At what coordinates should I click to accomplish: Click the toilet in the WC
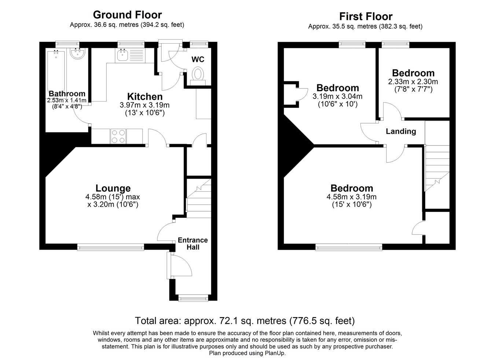[x=198, y=77]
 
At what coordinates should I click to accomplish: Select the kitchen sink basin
[x=122, y=55]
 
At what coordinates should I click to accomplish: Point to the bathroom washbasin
[x=77, y=54]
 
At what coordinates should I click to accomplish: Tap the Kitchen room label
[x=145, y=96]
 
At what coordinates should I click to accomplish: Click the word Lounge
[x=113, y=188]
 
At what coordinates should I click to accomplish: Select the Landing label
[x=401, y=131]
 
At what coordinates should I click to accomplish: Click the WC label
[x=198, y=59]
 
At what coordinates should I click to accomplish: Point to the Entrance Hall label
[x=193, y=243]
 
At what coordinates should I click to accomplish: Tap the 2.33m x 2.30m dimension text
[x=413, y=81]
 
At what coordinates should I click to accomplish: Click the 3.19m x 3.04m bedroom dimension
[x=337, y=96]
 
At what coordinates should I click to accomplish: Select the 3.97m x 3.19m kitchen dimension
[x=144, y=105]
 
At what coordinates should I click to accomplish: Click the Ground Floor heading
[x=127, y=15]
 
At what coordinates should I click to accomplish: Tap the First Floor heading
[x=366, y=16]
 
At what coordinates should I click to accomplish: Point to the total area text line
[x=245, y=321]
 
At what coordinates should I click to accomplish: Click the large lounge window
[x=110, y=247]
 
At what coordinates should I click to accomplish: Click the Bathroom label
[x=67, y=93]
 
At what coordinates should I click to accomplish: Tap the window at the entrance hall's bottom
[x=193, y=298]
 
